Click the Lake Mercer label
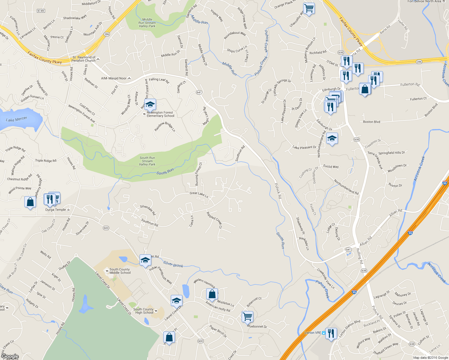17,119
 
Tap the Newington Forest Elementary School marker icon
150,105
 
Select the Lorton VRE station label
313,333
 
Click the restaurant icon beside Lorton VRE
331,333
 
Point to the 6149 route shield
41,11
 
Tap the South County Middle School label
120,271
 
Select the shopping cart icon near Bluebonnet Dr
247,316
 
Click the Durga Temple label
56,210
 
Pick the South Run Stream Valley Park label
147,161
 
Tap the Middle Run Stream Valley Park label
147,23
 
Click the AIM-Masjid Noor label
114,78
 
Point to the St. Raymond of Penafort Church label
84,59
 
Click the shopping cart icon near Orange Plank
309,8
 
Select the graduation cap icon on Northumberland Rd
332,139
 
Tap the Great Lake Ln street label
199,195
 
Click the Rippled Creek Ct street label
214,220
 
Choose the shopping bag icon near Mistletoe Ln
212,294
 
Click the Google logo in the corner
10,356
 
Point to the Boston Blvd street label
372,122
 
